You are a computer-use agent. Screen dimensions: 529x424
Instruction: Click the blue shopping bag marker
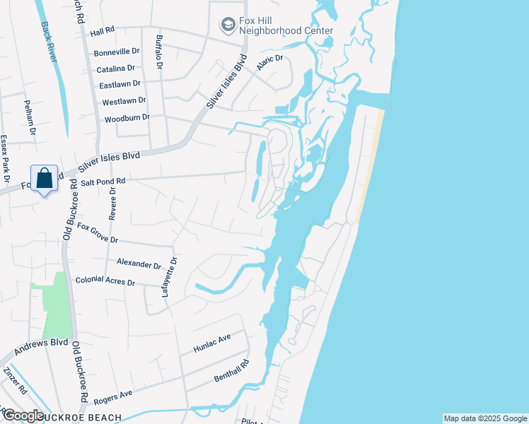(x=44, y=178)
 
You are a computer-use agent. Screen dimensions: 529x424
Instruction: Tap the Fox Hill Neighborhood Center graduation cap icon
(x=228, y=26)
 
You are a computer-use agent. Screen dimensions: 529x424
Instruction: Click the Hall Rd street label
(x=103, y=32)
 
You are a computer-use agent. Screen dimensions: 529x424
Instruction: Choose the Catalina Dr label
(x=115, y=69)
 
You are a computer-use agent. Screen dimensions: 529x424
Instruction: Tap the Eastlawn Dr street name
(x=116, y=85)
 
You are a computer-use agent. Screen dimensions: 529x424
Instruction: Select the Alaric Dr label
(x=269, y=60)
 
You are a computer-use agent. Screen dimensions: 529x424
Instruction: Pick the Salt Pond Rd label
(x=103, y=182)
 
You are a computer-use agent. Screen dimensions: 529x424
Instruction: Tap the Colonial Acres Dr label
(x=105, y=281)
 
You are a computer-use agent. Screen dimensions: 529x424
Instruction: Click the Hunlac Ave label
(x=212, y=344)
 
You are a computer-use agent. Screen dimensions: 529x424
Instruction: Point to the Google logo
(x=23, y=416)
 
